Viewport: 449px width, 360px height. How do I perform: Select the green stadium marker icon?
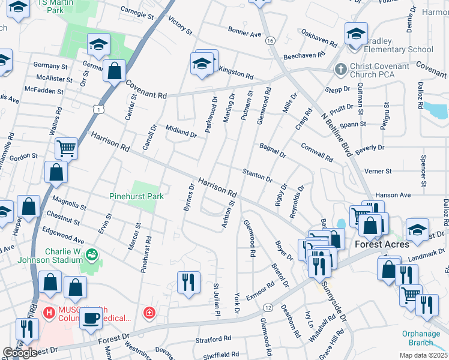tap(91, 255)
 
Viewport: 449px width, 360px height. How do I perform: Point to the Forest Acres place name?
tap(382, 244)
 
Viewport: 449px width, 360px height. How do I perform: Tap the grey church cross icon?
tap(340, 69)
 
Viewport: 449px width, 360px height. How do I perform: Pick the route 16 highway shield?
tap(271, 40)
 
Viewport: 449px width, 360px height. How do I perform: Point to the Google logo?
tap(20, 352)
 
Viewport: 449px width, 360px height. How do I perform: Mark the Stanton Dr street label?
tap(258, 175)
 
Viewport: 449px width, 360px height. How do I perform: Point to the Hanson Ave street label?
tap(393, 195)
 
